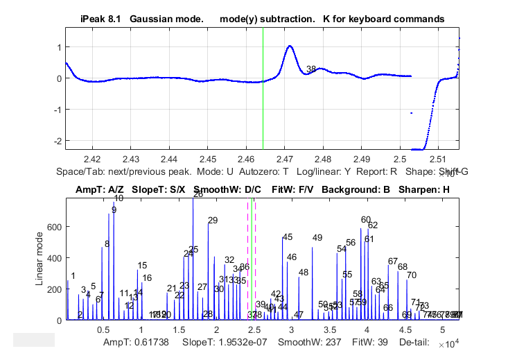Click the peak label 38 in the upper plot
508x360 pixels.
point(311,69)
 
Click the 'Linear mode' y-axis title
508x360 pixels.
point(40,259)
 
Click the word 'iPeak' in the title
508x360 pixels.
point(85,19)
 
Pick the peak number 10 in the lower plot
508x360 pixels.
point(119,198)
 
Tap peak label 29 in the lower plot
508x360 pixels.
point(213,221)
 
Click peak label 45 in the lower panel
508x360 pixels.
point(288,237)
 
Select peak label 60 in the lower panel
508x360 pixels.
point(366,220)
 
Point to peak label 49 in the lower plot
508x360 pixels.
point(317,238)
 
